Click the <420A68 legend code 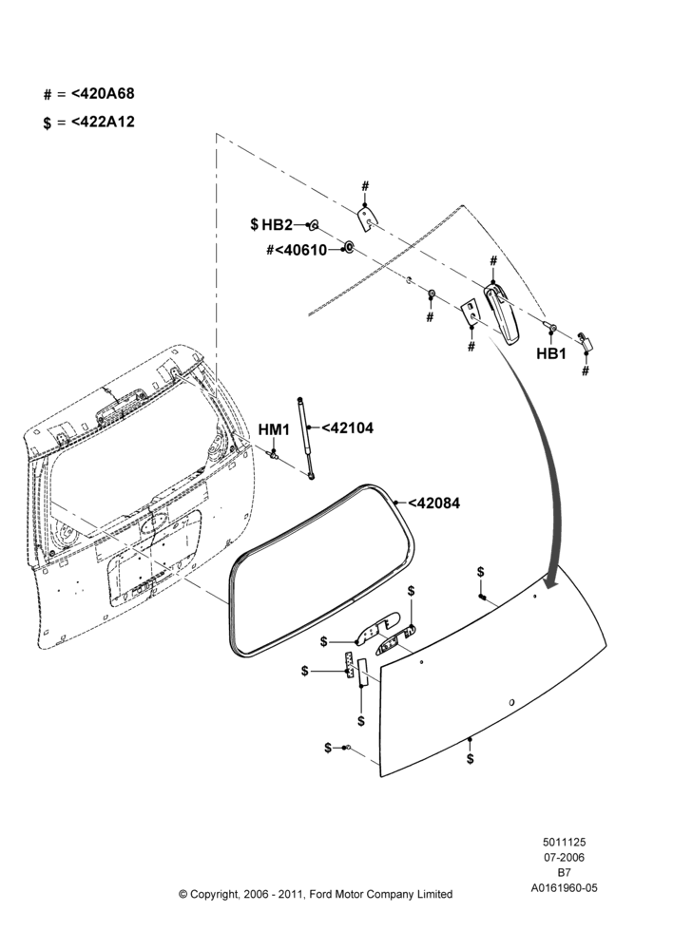tap(103, 94)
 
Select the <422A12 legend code tap(103, 122)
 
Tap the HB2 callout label tap(277, 225)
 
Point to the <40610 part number tap(301, 249)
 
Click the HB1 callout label tap(551, 353)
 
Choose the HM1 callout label tap(275, 429)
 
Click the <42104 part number tap(347, 427)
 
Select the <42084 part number tap(434, 503)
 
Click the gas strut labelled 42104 tap(305, 436)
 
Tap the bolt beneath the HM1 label tap(274, 453)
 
